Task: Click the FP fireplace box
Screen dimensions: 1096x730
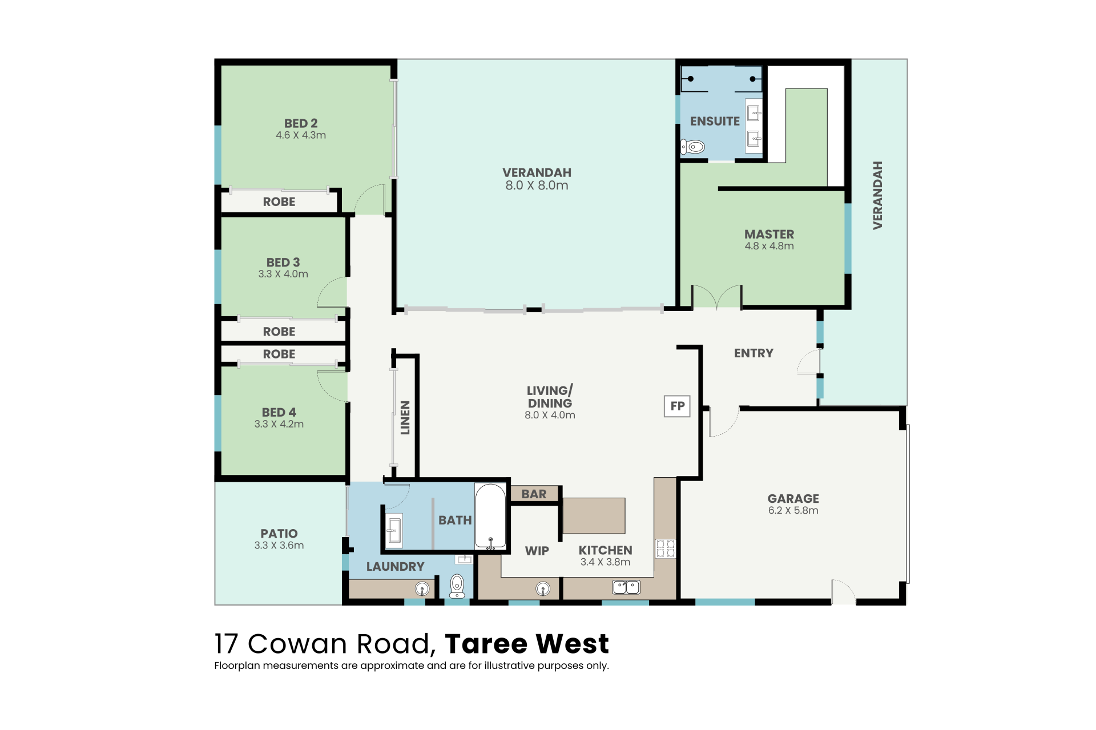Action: [x=677, y=406]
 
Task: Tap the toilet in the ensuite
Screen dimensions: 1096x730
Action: [x=692, y=147]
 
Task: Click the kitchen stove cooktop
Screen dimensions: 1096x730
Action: [x=666, y=548]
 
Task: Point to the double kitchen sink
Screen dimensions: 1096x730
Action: [x=626, y=587]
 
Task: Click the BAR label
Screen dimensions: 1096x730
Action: [x=534, y=494]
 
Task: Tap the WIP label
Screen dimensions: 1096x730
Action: [x=537, y=551]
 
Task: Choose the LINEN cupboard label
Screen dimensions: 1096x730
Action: [x=405, y=417]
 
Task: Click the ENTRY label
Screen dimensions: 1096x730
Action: [x=753, y=353]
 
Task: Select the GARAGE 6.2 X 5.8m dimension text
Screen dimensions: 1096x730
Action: [x=793, y=510]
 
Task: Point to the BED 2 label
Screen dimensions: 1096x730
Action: [x=301, y=123]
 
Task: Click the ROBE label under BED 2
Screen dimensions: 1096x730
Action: [x=279, y=202]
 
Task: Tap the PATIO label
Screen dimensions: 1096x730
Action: [x=279, y=534]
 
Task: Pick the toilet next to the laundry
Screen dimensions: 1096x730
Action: [x=457, y=586]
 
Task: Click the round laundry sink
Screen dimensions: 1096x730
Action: [x=422, y=588]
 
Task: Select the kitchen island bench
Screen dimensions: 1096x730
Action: [x=594, y=516]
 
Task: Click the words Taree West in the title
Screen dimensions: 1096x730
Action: [x=527, y=644]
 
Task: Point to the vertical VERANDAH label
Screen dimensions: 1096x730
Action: [x=878, y=195]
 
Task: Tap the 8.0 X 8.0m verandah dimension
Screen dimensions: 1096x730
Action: [x=537, y=185]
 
